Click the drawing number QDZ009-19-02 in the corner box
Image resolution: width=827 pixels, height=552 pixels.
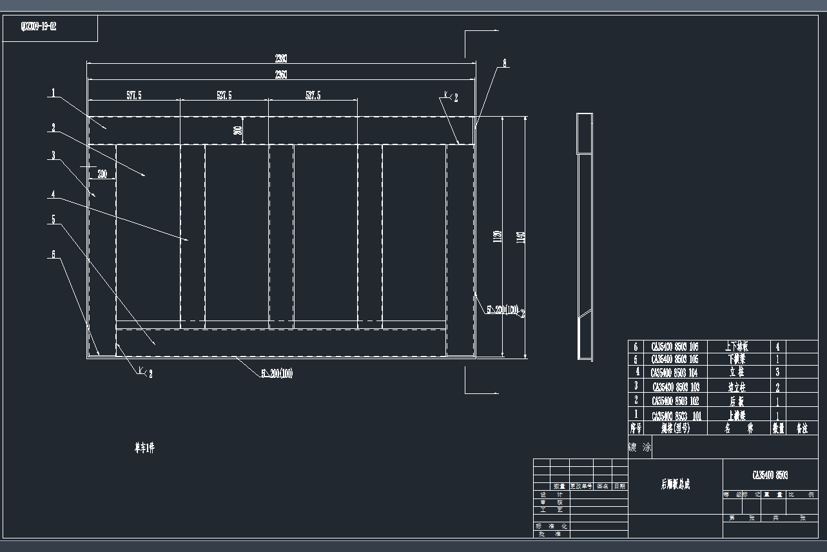point(39,27)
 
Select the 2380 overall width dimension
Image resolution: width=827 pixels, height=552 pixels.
point(281,59)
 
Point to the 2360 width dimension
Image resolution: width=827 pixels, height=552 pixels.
point(281,75)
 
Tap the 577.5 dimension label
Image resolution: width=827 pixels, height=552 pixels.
point(133,95)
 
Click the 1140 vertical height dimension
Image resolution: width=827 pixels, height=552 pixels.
point(521,237)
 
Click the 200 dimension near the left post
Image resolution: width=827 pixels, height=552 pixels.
point(102,173)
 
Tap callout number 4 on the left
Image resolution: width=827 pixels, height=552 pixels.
point(53,193)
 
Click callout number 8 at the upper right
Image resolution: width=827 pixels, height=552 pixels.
point(505,63)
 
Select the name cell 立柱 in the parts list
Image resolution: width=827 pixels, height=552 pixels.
point(736,373)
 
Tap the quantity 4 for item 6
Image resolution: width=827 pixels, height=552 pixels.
point(777,346)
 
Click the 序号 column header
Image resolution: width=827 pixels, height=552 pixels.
point(636,428)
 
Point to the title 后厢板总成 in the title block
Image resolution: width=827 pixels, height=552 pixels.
point(675,485)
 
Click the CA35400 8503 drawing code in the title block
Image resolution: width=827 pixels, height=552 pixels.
point(770,475)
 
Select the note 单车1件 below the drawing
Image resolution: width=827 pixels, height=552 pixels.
point(144,448)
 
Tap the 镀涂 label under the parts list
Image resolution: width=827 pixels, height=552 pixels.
point(639,447)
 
